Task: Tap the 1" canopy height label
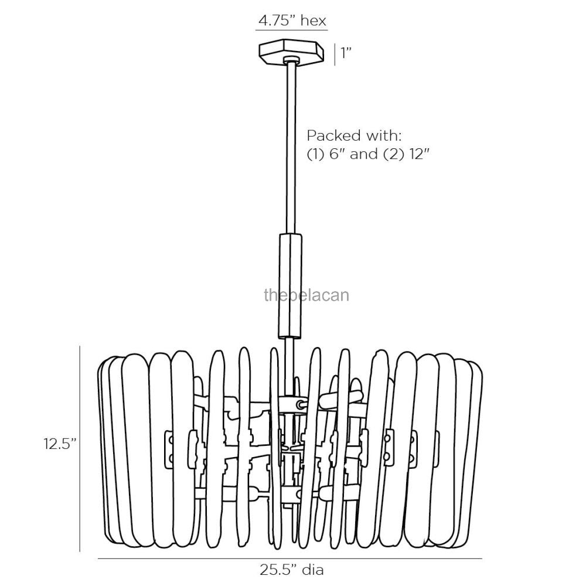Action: click(x=345, y=53)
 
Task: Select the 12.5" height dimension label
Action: click(x=60, y=444)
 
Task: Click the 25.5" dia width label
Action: click(x=292, y=568)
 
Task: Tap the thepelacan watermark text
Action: click(x=306, y=294)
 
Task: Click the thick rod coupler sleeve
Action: click(x=289, y=285)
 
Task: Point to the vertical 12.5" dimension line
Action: click(x=80, y=448)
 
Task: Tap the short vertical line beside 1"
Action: click(x=334, y=53)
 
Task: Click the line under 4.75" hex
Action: click(x=292, y=29)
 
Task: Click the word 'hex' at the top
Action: click(x=313, y=21)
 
